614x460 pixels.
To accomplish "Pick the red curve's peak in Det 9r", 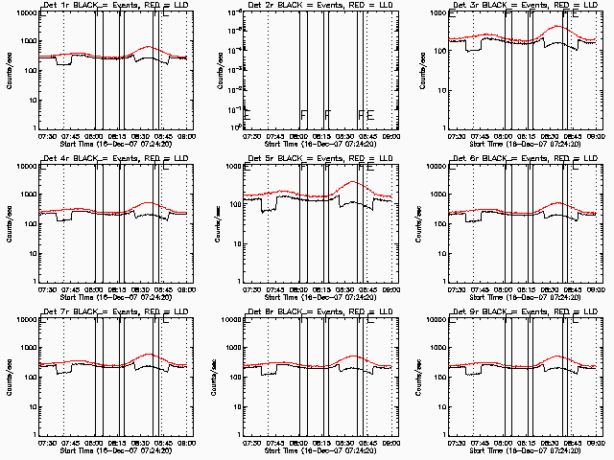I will tap(557, 354).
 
